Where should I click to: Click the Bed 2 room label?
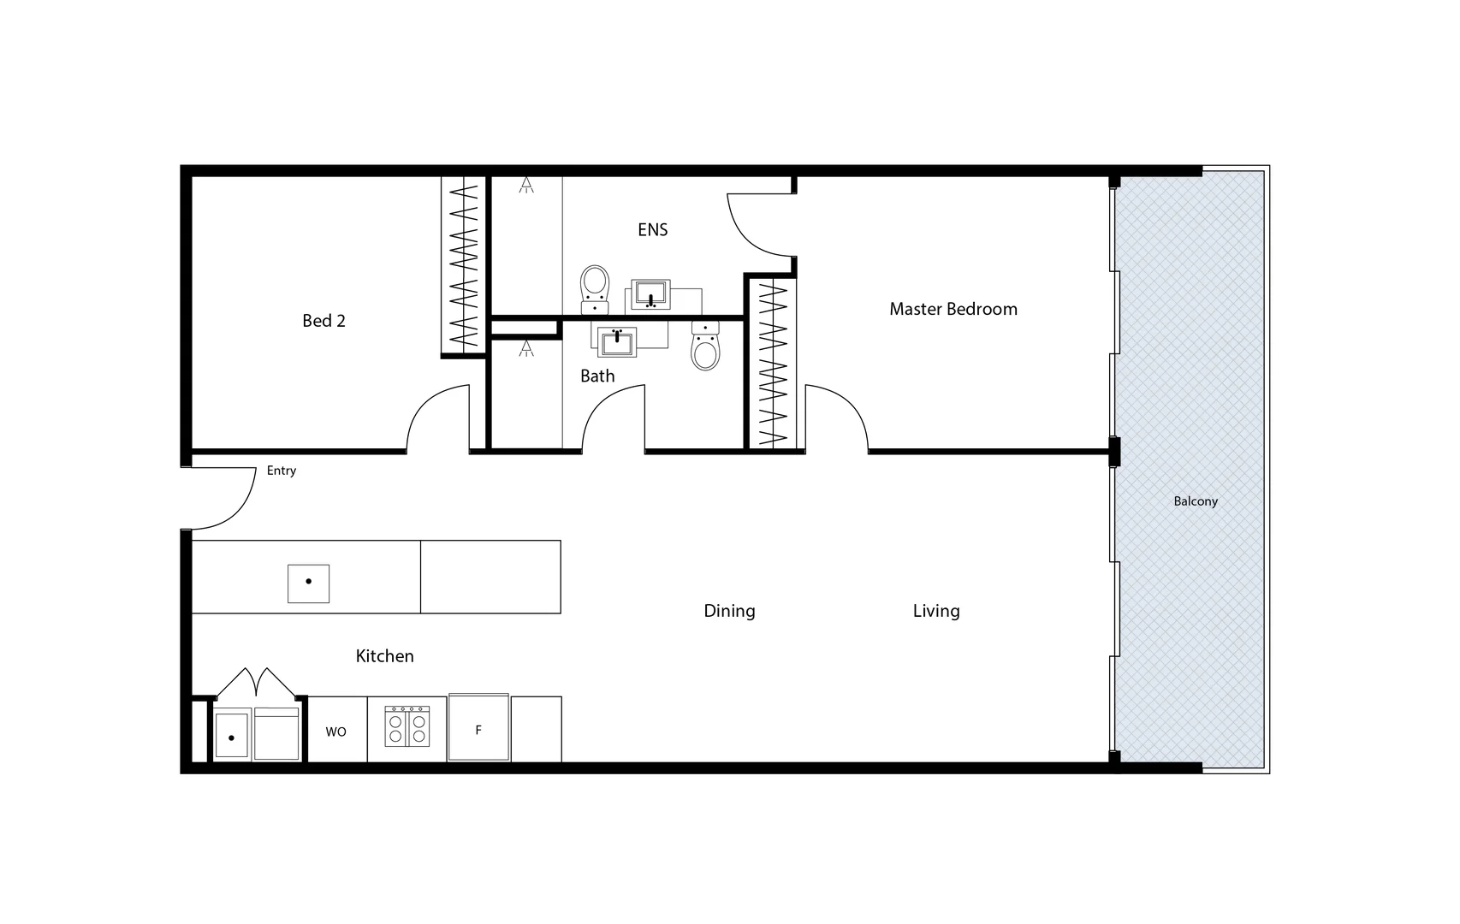click(x=323, y=321)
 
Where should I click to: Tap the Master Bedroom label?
click(x=953, y=309)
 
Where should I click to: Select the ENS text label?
click(x=652, y=229)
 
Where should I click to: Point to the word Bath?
click(x=597, y=376)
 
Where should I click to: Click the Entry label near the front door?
click(x=281, y=471)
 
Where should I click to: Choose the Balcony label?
click(x=1195, y=501)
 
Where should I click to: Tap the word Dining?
click(x=729, y=611)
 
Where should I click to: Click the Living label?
click(x=935, y=611)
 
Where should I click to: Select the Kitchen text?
click(x=384, y=656)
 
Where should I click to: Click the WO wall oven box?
click(x=336, y=731)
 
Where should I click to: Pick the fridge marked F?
click(x=478, y=728)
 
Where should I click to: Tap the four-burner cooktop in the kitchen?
click(x=407, y=726)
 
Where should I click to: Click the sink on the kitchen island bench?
click(x=308, y=583)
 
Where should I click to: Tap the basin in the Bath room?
click(x=616, y=342)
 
